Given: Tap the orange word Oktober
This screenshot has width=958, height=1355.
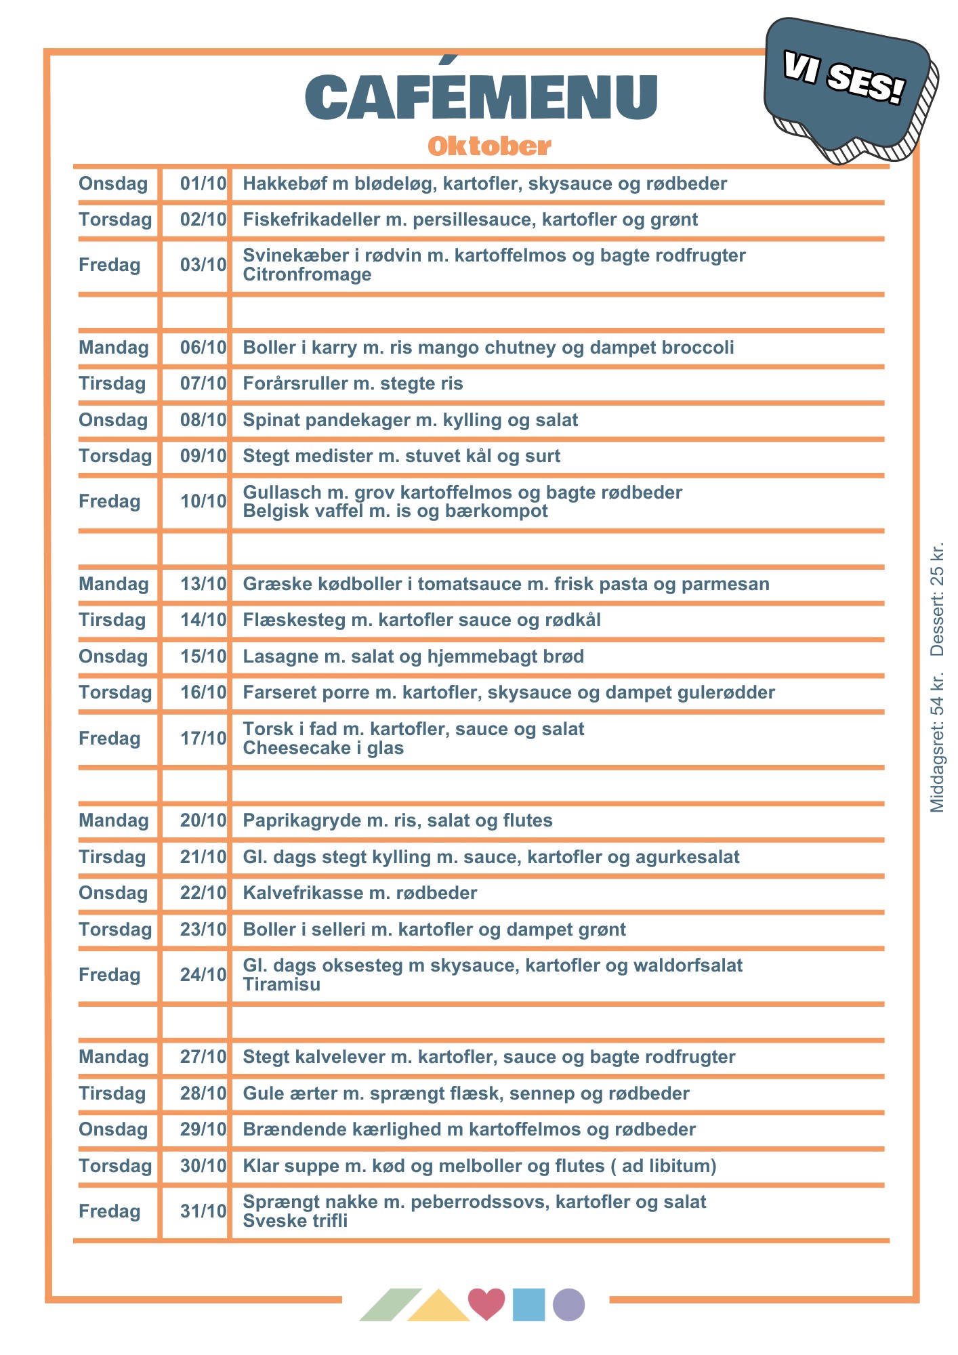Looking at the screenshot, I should [x=489, y=146].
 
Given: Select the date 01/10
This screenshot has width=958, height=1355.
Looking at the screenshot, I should [x=203, y=184].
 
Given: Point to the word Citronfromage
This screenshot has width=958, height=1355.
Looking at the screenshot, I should [x=307, y=274].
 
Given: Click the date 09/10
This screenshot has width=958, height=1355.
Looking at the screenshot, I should [x=203, y=456].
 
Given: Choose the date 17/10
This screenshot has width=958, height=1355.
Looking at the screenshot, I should [x=203, y=738].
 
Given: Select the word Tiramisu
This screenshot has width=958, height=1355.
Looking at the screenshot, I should [x=281, y=984].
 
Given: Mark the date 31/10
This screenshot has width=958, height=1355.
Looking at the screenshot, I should [x=203, y=1211].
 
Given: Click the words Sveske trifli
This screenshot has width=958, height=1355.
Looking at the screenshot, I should [x=295, y=1221].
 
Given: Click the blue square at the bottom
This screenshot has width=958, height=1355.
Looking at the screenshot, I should [x=528, y=1305].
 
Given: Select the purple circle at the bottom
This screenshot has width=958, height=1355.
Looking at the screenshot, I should [x=568, y=1305].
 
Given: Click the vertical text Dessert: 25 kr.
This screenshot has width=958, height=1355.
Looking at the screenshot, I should [x=937, y=600].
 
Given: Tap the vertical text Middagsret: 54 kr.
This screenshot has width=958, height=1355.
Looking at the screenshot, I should [x=937, y=743].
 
